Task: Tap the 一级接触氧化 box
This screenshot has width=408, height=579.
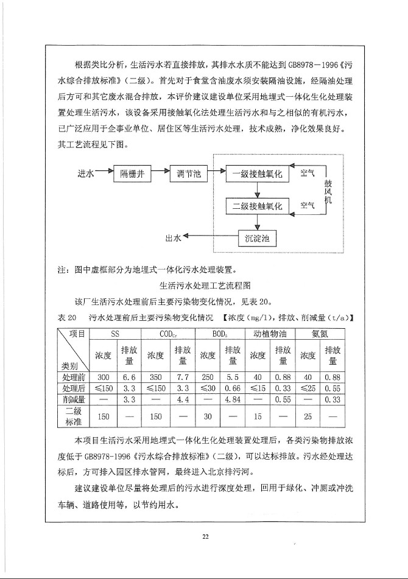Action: click(254, 175)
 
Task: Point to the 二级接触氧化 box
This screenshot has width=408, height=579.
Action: click(254, 206)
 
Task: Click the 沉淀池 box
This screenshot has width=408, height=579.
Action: click(257, 238)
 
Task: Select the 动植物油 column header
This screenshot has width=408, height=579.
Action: click(270, 333)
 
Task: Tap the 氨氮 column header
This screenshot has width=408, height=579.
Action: click(320, 333)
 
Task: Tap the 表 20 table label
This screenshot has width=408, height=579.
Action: click(66, 318)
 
